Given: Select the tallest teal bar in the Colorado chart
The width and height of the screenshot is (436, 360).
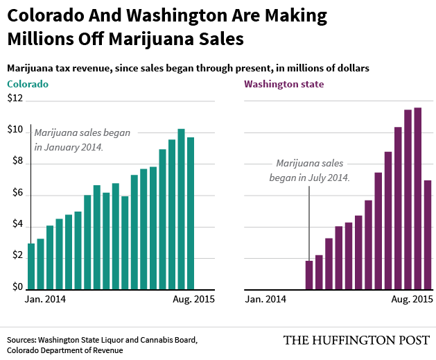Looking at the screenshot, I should click(181, 208).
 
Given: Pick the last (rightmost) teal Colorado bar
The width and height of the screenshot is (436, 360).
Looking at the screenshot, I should click(191, 212).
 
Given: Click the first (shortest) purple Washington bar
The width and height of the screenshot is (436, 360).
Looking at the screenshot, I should click(309, 274).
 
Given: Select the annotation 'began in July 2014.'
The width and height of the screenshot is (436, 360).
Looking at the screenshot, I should click(309, 177).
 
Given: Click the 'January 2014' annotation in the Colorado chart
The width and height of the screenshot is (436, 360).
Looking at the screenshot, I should click(69, 147).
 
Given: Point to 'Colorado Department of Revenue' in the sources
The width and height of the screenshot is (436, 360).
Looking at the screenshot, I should click(65, 350).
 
